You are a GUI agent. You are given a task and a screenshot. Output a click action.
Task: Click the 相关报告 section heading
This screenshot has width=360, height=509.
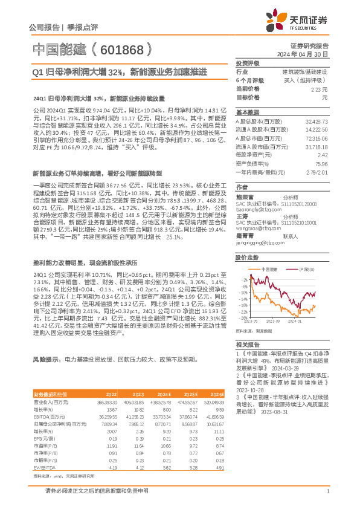(246, 343)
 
